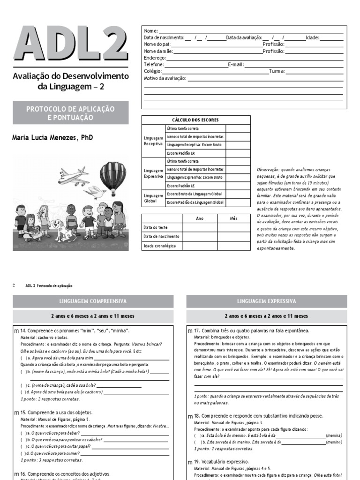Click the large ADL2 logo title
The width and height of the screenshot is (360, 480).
tap(70, 44)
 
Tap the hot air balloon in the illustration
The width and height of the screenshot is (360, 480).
tap(112, 177)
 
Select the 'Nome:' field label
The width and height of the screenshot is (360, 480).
tap(151, 31)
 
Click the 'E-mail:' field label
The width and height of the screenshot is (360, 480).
tap(236, 65)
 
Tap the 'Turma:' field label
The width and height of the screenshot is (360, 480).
tap(277, 72)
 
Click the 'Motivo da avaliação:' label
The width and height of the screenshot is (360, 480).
tap(165, 78)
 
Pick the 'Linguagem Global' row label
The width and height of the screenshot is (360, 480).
tap(153, 198)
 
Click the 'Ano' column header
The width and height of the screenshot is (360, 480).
tap(200, 218)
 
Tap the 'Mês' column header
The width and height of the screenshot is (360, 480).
tap(234, 218)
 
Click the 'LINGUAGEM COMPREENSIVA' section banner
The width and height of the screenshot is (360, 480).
tap(93, 301)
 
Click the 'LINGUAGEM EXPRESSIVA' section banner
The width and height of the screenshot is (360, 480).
tap(267, 301)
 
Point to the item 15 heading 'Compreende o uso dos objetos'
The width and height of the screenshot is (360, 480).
tap(56, 412)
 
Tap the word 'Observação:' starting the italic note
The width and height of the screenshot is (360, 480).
tap(269, 169)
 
